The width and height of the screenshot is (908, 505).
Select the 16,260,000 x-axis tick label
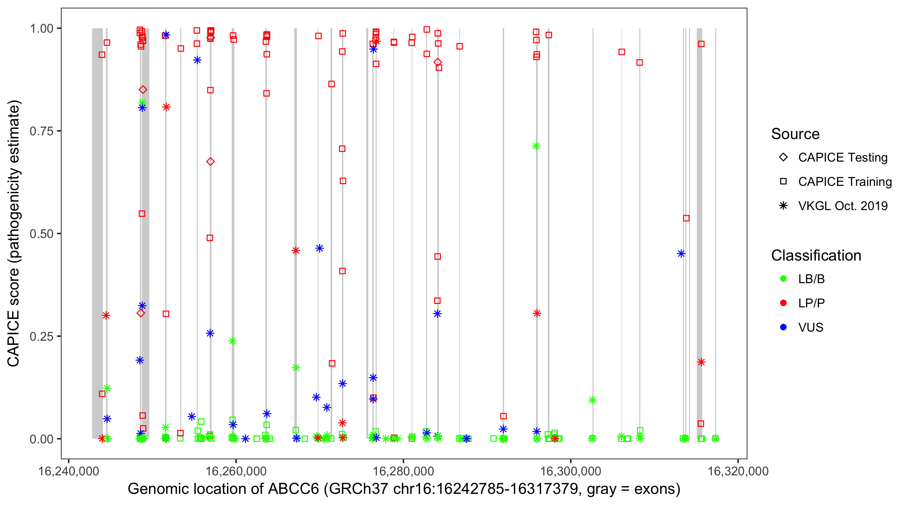click(x=236, y=471)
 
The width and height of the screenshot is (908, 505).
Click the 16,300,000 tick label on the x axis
click(x=570, y=471)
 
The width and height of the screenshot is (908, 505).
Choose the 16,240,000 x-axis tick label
click(x=68, y=471)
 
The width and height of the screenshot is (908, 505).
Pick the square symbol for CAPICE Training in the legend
click(x=783, y=181)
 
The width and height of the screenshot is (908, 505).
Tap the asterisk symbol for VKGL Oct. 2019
click(x=783, y=206)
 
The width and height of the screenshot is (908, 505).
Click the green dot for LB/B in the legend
click(x=783, y=279)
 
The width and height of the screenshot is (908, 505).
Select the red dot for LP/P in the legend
click(x=783, y=303)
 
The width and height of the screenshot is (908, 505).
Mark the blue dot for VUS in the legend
click(x=783, y=327)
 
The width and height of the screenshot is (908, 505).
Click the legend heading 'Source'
click(x=795, y=134)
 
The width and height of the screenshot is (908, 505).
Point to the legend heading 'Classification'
click(x=816, y=256)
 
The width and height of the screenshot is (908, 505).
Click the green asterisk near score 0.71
click(x=536, y=146)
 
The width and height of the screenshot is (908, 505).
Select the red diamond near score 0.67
click(x=211, y=162)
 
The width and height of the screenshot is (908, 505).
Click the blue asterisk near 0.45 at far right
click(x=681, y=254)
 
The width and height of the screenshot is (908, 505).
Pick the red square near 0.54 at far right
click(x=686, y=218)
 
